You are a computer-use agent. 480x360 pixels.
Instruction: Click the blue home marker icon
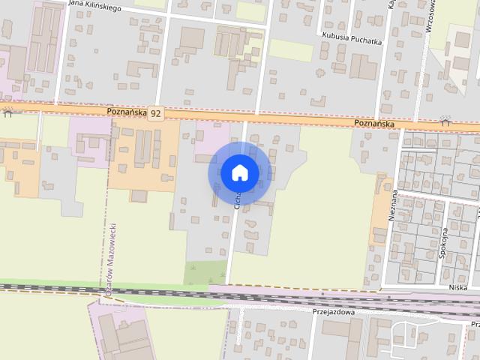[x=239, y=172]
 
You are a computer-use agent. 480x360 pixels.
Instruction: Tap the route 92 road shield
[x=155, y=113]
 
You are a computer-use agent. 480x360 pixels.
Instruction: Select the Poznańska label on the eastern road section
[x=375, y=123]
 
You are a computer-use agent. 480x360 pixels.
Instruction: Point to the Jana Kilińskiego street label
[x=95, y=4]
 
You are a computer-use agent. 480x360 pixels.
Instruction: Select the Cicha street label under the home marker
[x=238, y=199]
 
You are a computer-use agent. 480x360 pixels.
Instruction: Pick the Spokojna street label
[x=444, y=242]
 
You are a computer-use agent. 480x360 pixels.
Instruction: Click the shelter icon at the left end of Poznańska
[x=7, y=112]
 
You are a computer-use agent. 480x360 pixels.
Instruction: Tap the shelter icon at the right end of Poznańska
[x=445, y=120]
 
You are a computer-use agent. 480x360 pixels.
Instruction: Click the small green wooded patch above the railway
[x=205, y=273]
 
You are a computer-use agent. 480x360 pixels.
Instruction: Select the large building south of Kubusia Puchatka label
[x=363, y=67]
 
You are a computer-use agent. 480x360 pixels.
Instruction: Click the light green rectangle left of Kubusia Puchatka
[x=290, y=49]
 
